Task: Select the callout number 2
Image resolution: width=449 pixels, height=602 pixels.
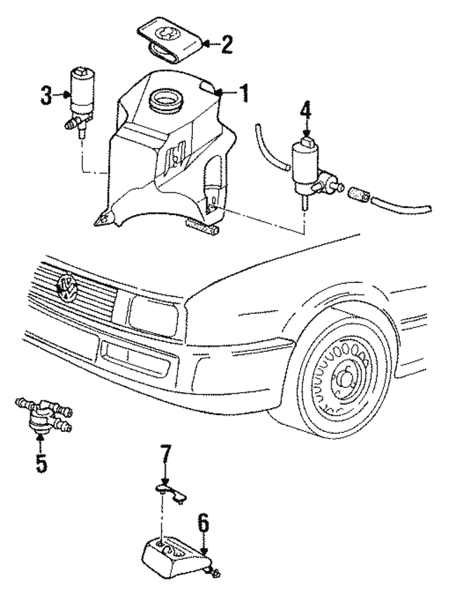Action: [x=226, y=46]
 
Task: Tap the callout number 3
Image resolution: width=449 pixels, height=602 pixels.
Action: [x=46, y=97]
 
